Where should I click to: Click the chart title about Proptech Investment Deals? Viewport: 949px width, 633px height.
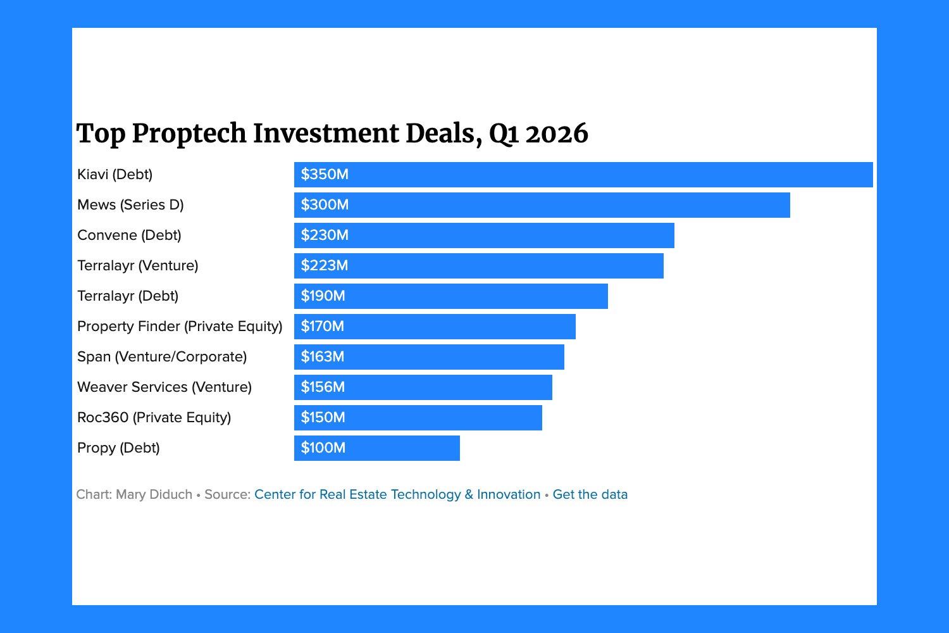pos(332,134)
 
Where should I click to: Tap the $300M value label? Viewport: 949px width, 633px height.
pos(325,205)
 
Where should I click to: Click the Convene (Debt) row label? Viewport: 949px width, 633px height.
pos(129,235)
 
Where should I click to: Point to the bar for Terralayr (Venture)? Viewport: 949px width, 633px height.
pos(478,266)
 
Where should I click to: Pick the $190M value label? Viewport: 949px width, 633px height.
pos(323,296)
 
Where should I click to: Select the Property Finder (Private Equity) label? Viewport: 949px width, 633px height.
pos(180,327)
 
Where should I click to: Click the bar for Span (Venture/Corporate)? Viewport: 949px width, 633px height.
pos(429,357)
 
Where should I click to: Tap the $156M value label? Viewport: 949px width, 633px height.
pos(323,387)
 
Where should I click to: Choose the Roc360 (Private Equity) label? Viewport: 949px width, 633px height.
pos(154,418)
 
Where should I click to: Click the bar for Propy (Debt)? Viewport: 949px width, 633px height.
pos(377,448)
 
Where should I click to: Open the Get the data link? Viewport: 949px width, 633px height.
pos(590,494)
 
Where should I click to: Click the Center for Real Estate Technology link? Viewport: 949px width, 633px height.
pos(397,494)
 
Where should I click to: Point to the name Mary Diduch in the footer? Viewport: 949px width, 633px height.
pos(154,494)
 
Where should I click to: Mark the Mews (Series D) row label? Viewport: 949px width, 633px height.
pos(130,205)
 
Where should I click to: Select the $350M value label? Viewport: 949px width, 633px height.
pos(325,175)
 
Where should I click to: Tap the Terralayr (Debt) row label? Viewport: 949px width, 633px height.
pos(128,296)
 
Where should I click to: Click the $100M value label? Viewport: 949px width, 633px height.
pos(323,448)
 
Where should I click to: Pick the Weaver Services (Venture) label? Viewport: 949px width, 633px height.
pos(164,387)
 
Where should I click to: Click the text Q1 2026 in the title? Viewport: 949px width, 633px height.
pos(538,134)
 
